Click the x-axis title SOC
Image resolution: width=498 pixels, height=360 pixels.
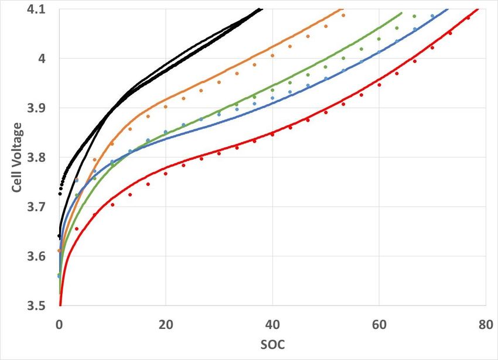pyautogui.click(x=272, y=345)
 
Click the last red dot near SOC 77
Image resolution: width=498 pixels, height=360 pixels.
pyautogui.click(x=468, y=18)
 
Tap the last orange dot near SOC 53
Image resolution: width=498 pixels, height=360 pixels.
pyautogui.click(x=343, y=15)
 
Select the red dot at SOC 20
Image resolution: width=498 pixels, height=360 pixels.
pyautogui.click(x=166, y=174)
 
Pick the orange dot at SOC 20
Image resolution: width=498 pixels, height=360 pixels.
pyautogui.click(x=166, y=107)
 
